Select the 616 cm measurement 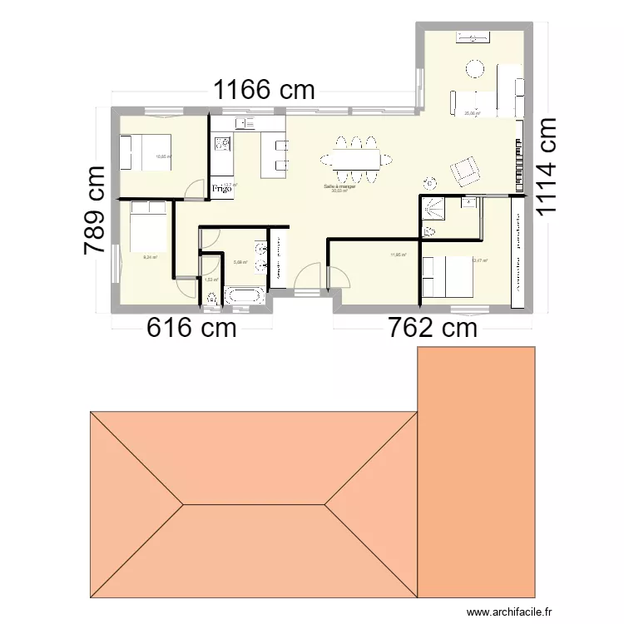coord(191,328)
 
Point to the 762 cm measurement coord(433,328)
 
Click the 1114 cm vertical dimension coord(546,166)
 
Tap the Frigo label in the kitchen coord(221,189)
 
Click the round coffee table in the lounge coord(475,67)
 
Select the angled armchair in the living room coord(465,171)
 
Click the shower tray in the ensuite coord(433,208)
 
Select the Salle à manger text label coord(340,186)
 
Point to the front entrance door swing coord(310,275)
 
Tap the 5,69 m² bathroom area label coord(240,263)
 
